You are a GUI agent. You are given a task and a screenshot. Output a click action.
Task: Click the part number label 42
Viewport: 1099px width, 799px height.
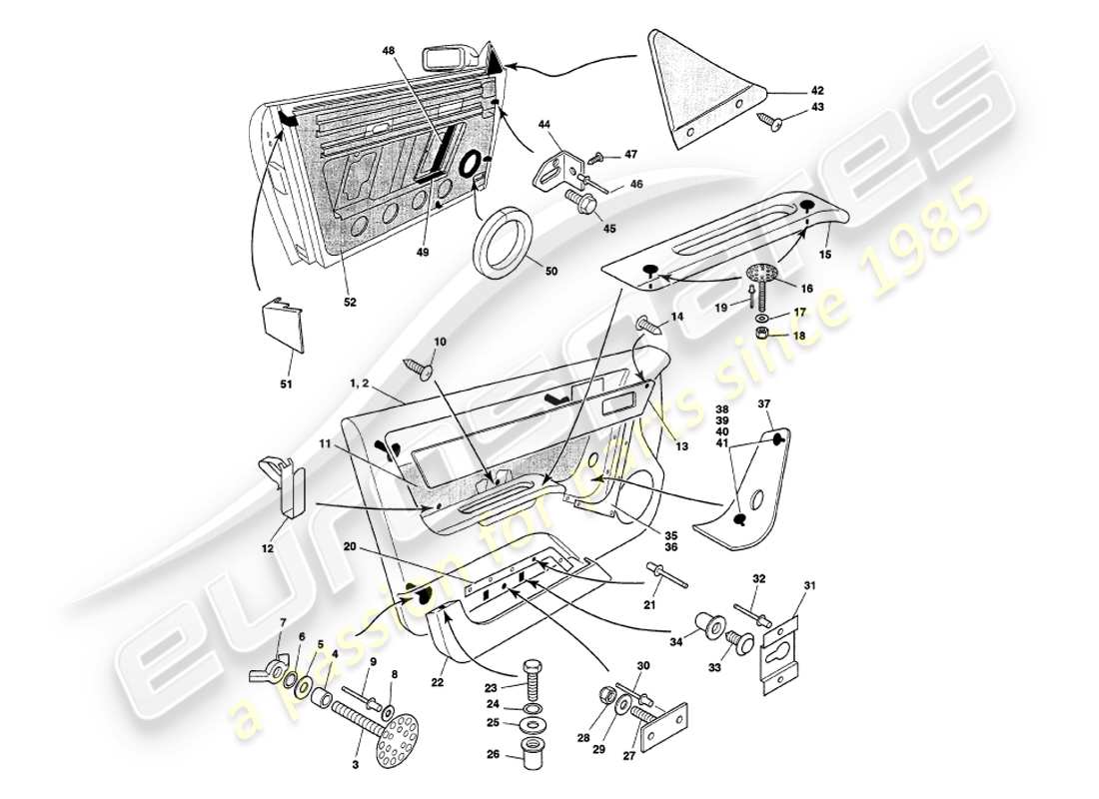pyautogui.click(x=816, y=89)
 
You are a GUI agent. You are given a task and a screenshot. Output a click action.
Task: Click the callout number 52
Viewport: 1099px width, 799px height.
pyautogui.click(x=351, y=301)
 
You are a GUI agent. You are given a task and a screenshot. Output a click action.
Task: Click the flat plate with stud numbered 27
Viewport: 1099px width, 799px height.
pyautogui.click(x=664, y=724)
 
